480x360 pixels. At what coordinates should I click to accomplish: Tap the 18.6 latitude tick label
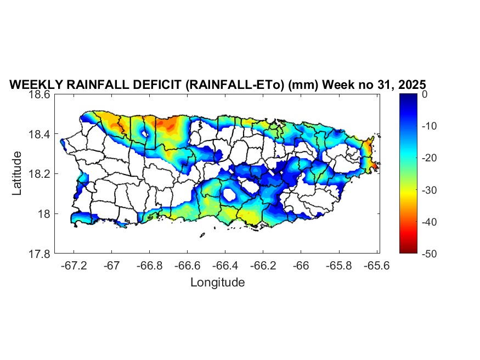point(39,94)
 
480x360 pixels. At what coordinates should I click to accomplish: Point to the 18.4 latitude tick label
point(39,134)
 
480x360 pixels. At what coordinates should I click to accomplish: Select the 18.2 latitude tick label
point(39,174)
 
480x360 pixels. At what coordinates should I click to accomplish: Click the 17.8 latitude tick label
point(39,254)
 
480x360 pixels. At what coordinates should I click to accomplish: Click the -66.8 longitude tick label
point(150,266)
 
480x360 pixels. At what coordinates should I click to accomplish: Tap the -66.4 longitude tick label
point(225,266)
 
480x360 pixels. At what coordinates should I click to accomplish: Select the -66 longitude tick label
point(301,266)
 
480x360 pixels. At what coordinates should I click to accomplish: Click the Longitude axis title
point(217,283)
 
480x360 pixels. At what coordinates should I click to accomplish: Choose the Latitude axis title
point(17,174)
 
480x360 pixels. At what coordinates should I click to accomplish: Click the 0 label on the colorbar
point(425,94)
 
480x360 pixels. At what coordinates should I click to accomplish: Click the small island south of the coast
point(202,235)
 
